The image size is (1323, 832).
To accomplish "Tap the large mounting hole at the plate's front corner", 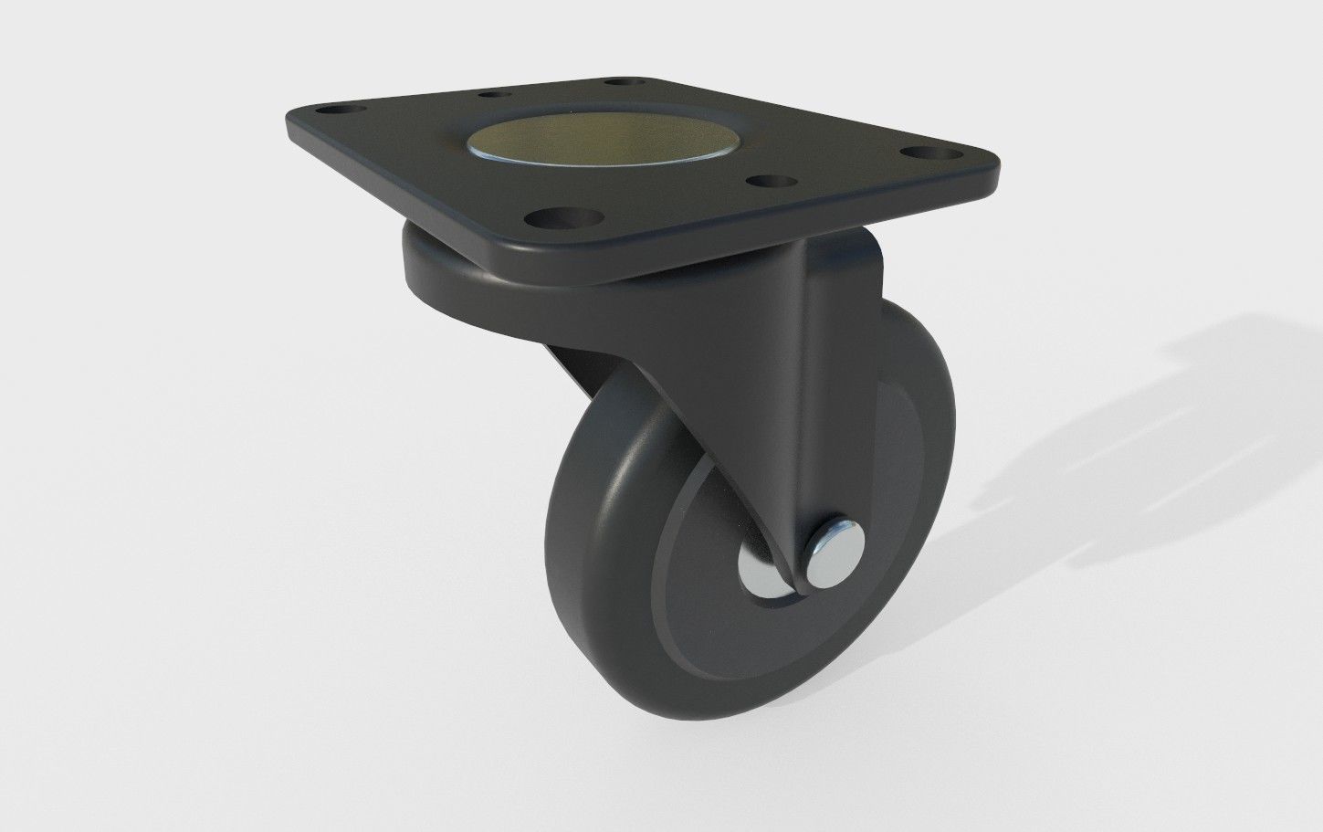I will pos(558,219).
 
